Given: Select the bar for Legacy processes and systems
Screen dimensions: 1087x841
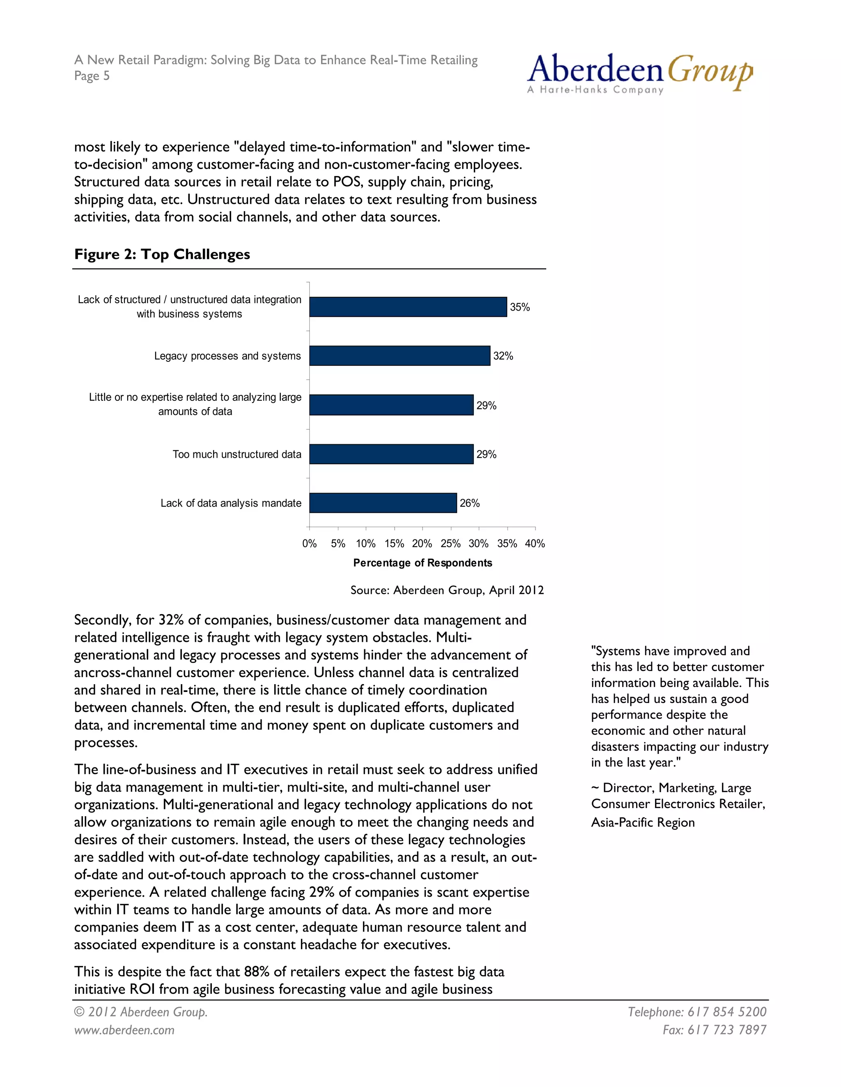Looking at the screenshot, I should (400, 356).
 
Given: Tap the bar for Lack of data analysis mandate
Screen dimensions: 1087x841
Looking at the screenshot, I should (383, 503).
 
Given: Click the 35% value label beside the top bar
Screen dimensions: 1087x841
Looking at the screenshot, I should (519, 307).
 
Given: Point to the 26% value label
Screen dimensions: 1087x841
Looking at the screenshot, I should (469, 503).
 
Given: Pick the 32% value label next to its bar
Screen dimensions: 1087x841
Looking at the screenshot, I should (503, 356).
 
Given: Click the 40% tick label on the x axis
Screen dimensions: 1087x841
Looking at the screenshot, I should (535, 543).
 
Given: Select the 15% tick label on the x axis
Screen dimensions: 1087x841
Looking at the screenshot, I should (394, 543).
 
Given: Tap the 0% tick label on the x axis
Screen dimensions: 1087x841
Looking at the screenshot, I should (309, 543).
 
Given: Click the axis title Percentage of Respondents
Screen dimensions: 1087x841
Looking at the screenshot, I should (423, 563).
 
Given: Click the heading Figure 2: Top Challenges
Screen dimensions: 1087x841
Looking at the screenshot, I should (162, 254).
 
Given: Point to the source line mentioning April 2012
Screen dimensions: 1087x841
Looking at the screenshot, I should (447, 590).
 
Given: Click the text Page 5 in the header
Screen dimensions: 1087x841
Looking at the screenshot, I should (92, 75).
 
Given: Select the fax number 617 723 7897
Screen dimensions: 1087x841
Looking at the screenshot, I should (727, 1030).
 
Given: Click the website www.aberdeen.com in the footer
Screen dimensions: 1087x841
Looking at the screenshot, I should (124, 1030).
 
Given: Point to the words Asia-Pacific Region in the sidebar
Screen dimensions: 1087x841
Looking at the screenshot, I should (643, 822).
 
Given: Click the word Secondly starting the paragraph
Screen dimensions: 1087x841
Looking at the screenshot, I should (103, 620).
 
